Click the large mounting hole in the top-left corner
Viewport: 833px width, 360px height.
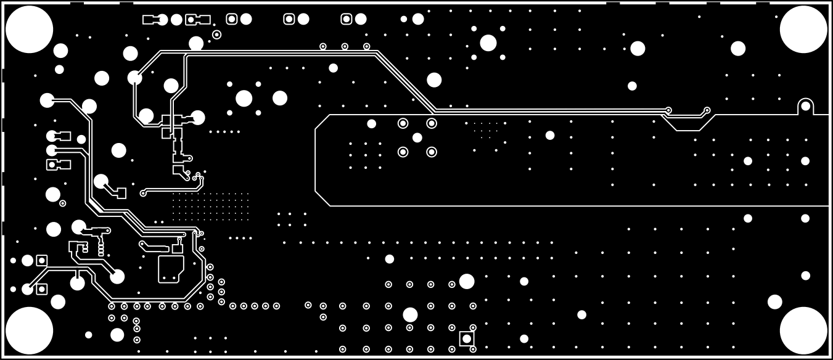click(29, 29)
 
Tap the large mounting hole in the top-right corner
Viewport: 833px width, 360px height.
click(803, 29)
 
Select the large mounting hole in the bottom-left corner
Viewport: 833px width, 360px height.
click(29, 330)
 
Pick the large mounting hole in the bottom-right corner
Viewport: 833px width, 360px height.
click(803, 330)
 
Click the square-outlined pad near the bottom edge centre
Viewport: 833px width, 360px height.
click(467, 338)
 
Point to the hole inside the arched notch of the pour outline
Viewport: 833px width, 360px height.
click(805, 106)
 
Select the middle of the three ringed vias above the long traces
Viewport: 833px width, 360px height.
click(345, 46)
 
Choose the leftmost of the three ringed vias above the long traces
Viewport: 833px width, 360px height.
click(323, 46)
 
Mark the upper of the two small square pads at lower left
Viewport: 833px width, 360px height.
click(42, 260)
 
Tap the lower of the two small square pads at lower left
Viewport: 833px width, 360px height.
click(42, 288)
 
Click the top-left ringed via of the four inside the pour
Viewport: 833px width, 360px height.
click(403, 123)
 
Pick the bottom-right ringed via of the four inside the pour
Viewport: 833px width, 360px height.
click(432, 152)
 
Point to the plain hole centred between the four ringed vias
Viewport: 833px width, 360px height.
click(417, 137)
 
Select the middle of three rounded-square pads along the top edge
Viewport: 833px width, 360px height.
click(289, 19)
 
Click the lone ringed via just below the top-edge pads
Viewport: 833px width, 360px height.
click(216, 35)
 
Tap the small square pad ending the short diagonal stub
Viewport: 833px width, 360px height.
click(121, 194)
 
